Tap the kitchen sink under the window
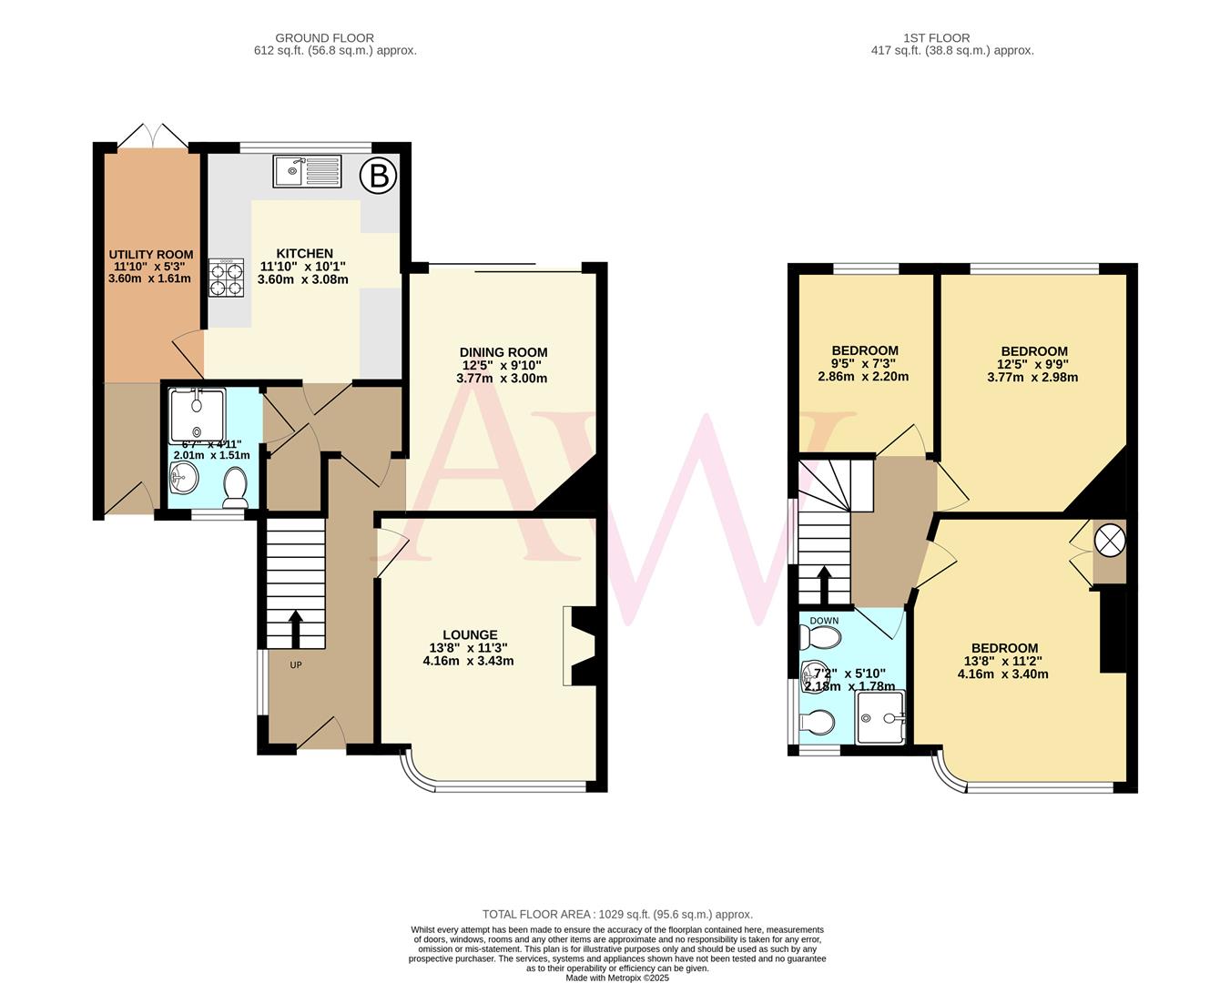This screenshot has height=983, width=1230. coord(307,170)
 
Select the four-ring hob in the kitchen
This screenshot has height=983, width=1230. coord(227,278)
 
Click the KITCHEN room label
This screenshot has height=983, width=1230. coord(304,254)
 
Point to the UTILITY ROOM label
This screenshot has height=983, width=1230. coord(151,255)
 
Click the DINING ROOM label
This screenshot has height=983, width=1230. coord(503,352)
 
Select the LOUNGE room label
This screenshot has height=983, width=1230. coord(470,635)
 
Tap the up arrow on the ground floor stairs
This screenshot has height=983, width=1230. coord(296,626)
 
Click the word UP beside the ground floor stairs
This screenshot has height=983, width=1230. coord(296,665)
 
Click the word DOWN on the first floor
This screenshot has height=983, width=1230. coord(824,621)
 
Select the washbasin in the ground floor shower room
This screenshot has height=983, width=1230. coord(185,476)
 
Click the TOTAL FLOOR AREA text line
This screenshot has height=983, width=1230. coord(617,914)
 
